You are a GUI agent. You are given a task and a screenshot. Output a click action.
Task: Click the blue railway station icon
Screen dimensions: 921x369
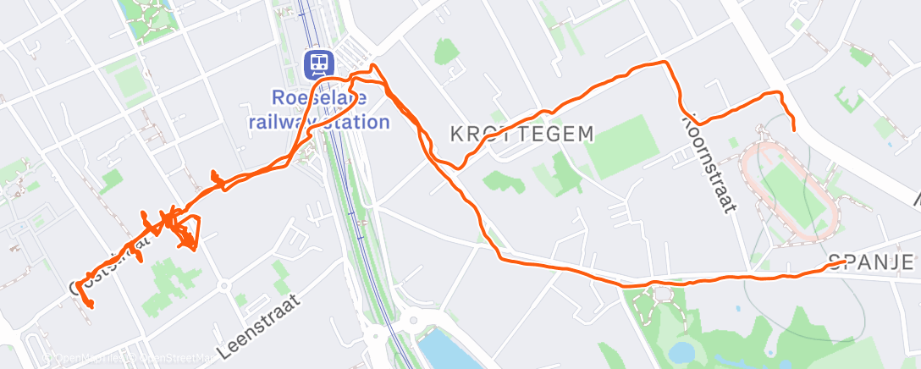click(319, 62)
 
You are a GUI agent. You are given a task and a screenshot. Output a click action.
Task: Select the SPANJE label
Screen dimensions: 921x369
click(871, 262)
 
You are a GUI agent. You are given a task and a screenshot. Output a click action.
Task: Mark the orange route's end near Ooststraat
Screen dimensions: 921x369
click(89, 306)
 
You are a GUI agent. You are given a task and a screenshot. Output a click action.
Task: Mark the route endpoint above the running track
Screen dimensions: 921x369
click(793, 129)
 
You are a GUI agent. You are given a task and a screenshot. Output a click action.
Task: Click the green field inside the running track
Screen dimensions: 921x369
click(792, 190)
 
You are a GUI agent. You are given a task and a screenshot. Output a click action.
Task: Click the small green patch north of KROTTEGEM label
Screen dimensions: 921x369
click(446, 52)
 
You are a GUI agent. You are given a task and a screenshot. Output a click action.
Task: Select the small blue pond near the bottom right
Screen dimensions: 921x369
click(681, 351)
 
